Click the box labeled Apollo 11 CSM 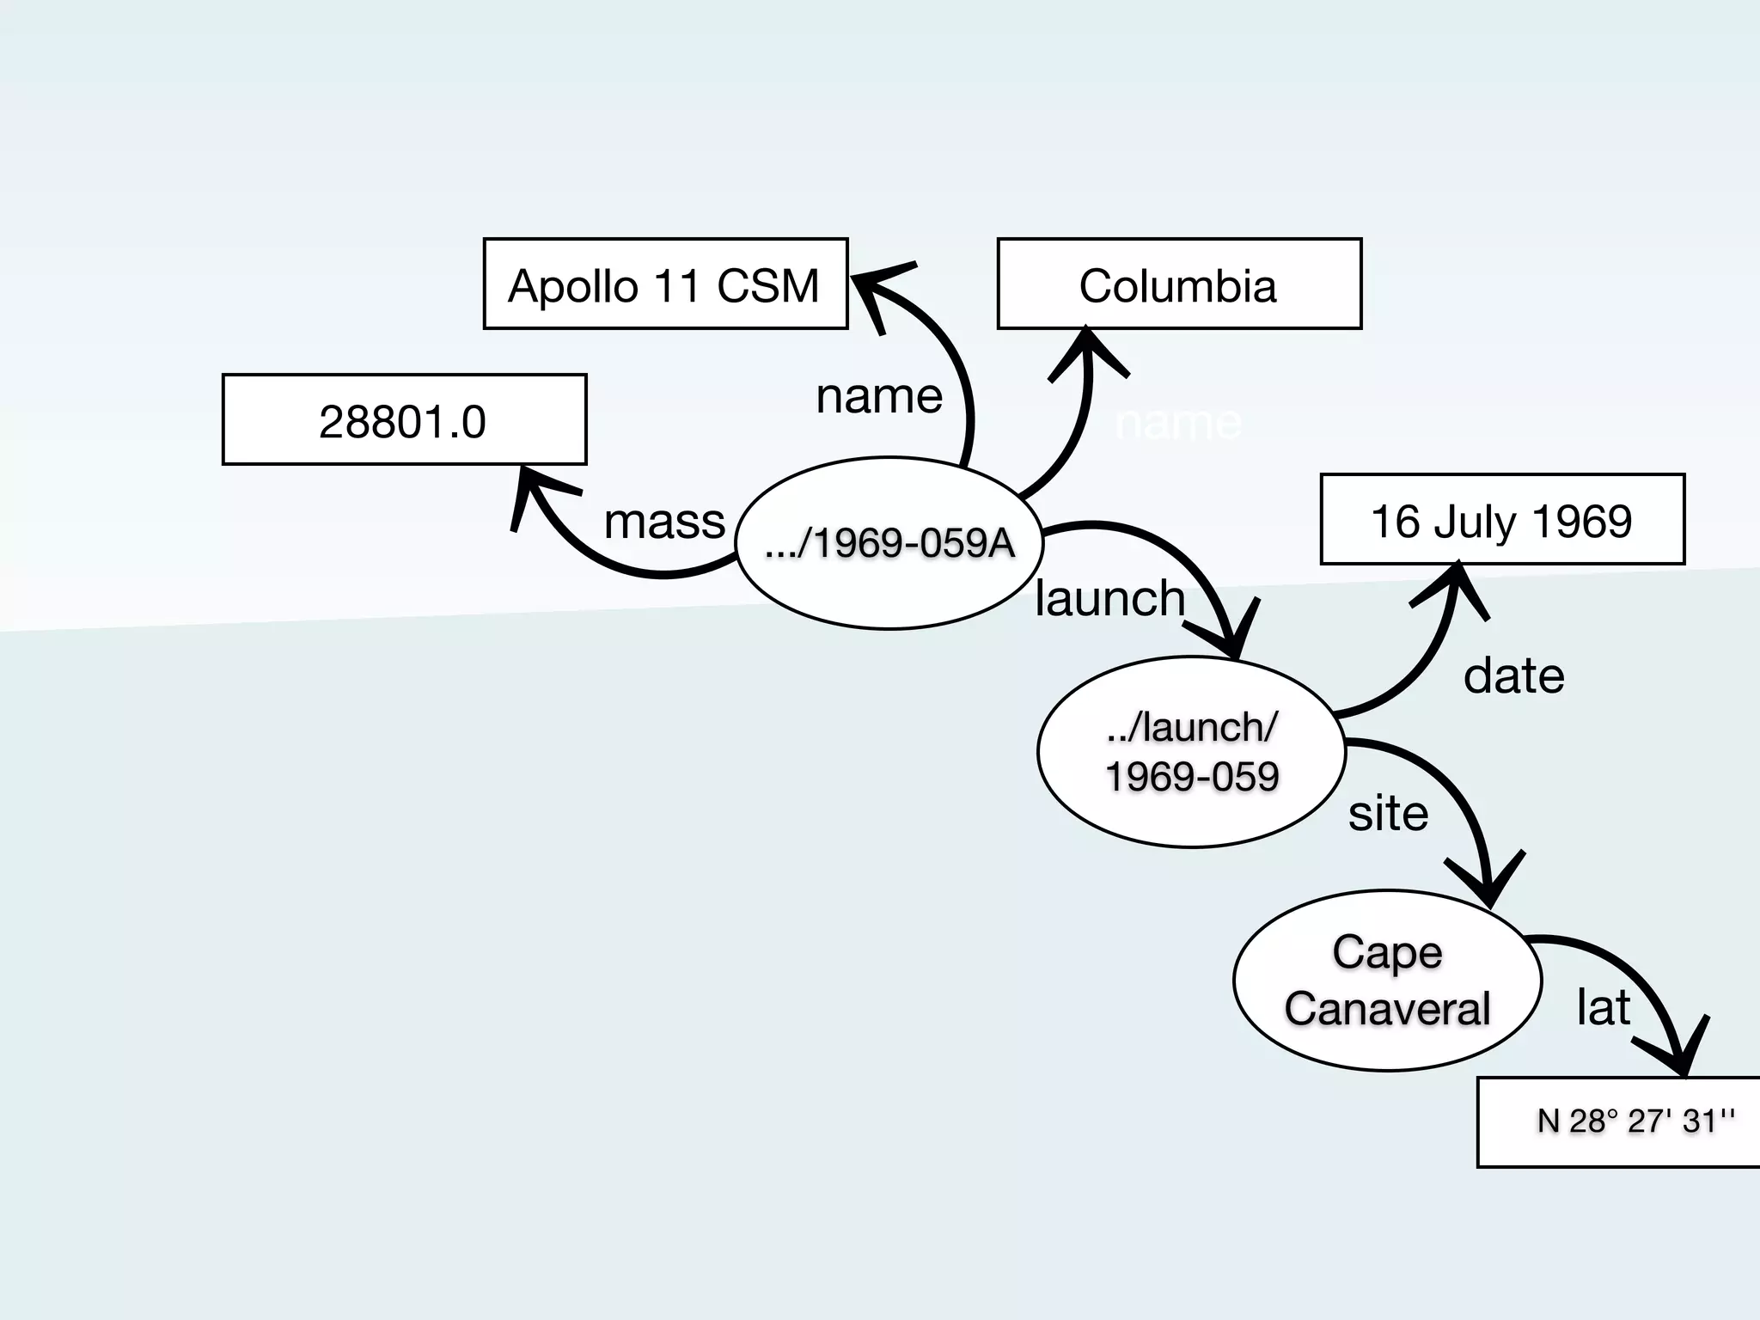click(x=665, y=284)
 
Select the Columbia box click(x=1179, y=284)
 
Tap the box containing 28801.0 click(x=404, y=420)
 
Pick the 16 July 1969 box click(x=1501, y=520)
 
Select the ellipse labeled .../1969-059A click(x=889, y=543)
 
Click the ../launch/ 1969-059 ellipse click(x=1191, y=752)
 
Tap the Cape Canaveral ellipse click(x=1387, y=980)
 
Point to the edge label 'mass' click(x=664, y=522)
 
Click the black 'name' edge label click(x=879, y=396)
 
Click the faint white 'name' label click(x=1178, y=423)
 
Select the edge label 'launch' click(x=1109, y=598)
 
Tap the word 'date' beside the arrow click(x=1513, y=675)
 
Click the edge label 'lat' click(x=1603, y=1007)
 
